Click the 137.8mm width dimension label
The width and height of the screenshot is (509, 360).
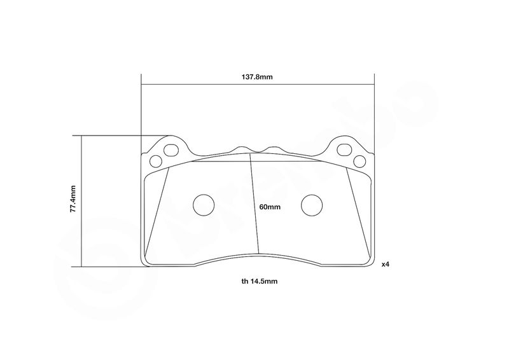tap(257, 77)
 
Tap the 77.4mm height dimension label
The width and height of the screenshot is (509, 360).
tap(73, 199)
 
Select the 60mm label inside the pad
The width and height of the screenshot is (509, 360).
tap(270, 207)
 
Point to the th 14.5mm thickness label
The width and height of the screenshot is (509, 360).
tap(260, 281)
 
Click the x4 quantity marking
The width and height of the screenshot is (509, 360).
tap(386, 265)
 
